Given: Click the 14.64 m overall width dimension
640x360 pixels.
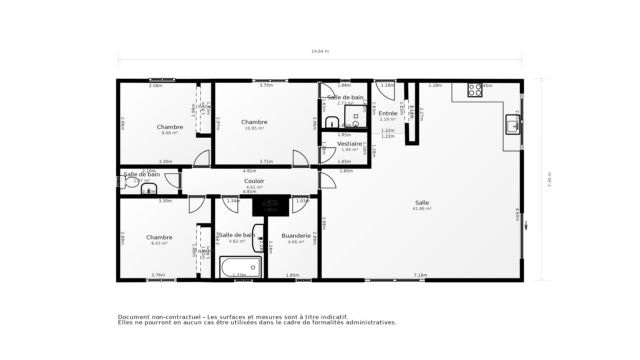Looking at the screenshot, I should [x=320, y=51].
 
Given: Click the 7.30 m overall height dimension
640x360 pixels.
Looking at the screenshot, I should [x=550, y=179].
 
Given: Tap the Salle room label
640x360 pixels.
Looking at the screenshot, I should [x=422, y=203].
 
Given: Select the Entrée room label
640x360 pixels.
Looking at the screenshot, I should [x=388, y=113].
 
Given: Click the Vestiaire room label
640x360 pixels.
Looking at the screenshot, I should [x=349, y=144].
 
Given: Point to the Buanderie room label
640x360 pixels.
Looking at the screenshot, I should [x=296, y=236].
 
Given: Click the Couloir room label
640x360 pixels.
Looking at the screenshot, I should [x=254, y=181].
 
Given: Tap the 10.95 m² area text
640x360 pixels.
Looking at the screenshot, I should [x=254, y=128].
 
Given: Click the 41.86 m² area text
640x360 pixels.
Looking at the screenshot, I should [x=422, y=209].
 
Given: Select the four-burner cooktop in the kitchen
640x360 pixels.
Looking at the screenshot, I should [x=475, y=90].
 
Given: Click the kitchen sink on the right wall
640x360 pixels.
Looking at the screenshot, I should [x=512, y=125].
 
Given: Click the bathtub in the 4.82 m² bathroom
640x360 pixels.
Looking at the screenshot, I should [x=241, y=267].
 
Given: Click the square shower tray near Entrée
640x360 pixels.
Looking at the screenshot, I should [x=356, y=116].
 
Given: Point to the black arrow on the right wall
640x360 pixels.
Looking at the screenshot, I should [x=526, y=226].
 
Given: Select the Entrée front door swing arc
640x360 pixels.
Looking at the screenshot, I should [x=387, y=92].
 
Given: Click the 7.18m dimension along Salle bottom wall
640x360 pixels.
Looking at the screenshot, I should [x=420, y=275].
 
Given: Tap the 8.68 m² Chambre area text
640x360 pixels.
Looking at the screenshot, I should [x=170, y=133].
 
